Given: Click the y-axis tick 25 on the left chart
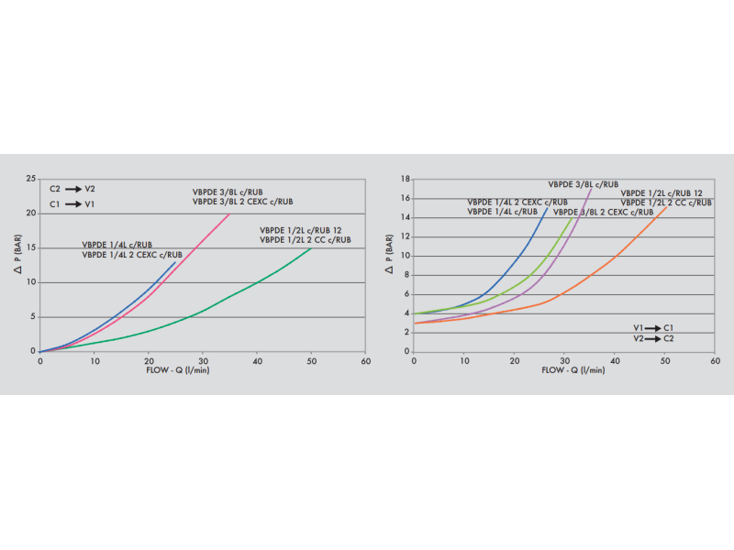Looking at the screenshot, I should click(31, 180).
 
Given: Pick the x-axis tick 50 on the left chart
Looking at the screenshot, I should click(311, 361).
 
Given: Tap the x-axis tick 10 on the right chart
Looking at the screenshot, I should click(464, 361).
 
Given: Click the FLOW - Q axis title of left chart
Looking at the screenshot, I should click(179, 371).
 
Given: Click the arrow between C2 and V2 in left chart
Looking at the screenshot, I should click(72, 189).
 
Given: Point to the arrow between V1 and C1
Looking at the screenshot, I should click(654, 328).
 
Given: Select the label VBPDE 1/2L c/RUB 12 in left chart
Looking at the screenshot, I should click(302, 230).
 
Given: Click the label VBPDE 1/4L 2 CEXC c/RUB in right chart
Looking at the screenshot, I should click(517, 203).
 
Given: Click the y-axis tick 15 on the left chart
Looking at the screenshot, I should click(31, 248).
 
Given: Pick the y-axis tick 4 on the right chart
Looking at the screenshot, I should click(406, 313).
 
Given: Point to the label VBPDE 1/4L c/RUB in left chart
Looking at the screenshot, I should click(117, 245).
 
